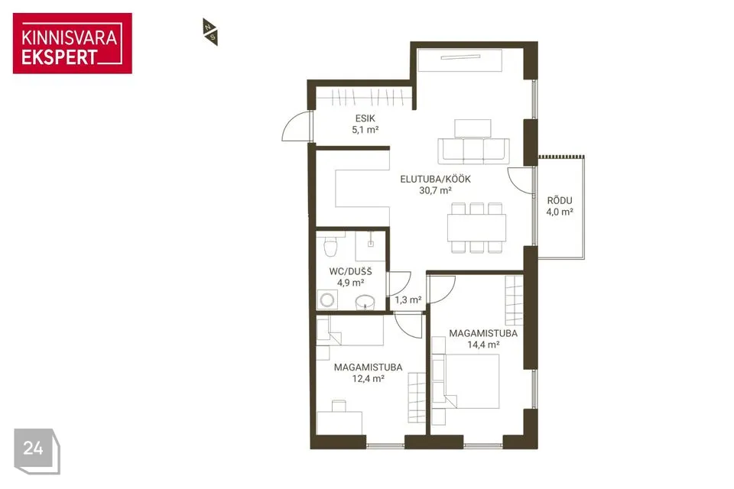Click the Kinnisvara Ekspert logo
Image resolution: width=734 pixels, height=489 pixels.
pos(73,44)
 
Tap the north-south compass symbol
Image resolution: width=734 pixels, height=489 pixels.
pos(210,32)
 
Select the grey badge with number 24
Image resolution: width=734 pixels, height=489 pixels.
pos(37,451)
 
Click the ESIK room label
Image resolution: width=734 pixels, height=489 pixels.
pos(365,118)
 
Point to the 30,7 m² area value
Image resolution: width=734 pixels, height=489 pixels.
pos(435,190)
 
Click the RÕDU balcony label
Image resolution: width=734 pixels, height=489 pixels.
pos(560,200)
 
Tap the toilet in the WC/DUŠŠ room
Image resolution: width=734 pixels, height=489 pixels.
pos(330,246)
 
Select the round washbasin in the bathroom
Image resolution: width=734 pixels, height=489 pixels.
pos(365,303)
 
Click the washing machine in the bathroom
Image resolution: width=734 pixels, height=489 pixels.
pos(327,300)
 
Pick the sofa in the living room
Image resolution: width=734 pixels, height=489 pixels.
pos(473,151)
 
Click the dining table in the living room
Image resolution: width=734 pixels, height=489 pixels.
pos(476,228)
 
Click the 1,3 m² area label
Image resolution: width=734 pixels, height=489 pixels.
pos(408,300)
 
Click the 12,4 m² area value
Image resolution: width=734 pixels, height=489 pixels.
pos(369,378)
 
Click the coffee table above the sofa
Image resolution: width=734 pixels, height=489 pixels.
pos(473,128)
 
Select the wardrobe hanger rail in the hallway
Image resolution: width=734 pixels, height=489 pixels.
pos(364,97)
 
